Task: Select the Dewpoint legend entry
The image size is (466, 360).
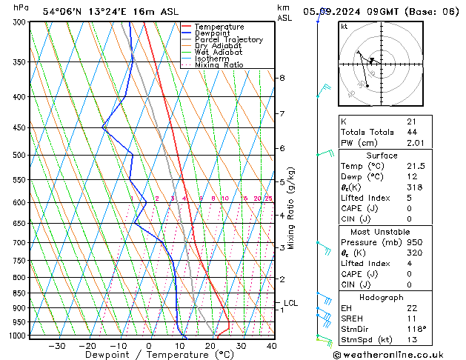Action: coord(214,33)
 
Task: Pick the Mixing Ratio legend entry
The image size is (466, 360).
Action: coord(219,65)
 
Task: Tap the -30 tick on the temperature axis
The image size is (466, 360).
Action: coord(56,345)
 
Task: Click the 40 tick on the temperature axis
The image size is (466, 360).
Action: coord(271,345)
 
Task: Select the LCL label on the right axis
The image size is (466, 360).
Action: coord(290,303)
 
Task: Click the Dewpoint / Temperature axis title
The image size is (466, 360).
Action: coord(148,355)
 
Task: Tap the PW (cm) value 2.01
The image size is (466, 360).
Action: coord(414,143)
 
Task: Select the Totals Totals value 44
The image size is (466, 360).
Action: coord(411,132)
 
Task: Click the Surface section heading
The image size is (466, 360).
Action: coord(382,156)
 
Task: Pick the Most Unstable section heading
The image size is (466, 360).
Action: coord(382,231)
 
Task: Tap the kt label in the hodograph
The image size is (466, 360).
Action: coord(344,27)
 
